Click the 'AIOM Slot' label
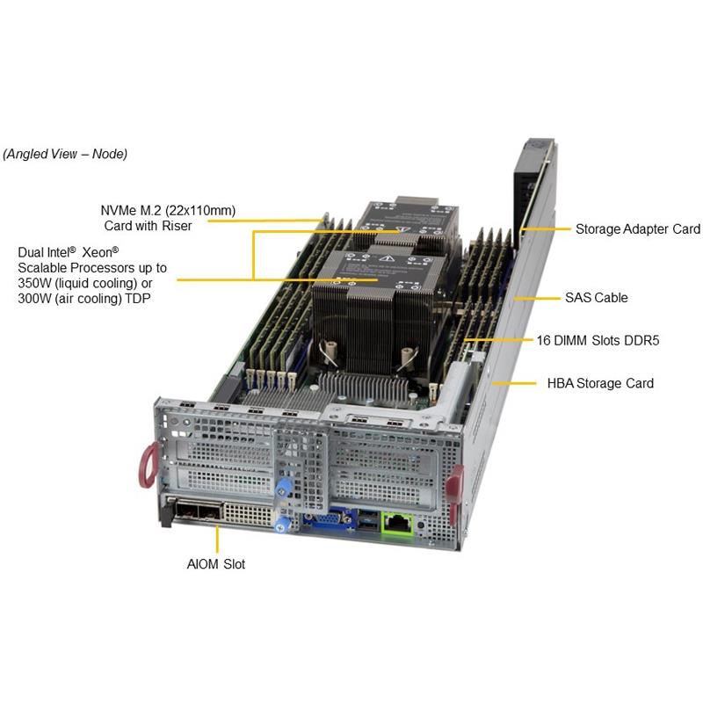[215, 564]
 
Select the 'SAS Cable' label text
[596, 298]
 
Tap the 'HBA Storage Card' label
[600, 383]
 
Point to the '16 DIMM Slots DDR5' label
[597, 339]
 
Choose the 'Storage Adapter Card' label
[637, 229]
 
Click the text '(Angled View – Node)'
[65, 154]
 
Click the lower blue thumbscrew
[282, 524]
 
